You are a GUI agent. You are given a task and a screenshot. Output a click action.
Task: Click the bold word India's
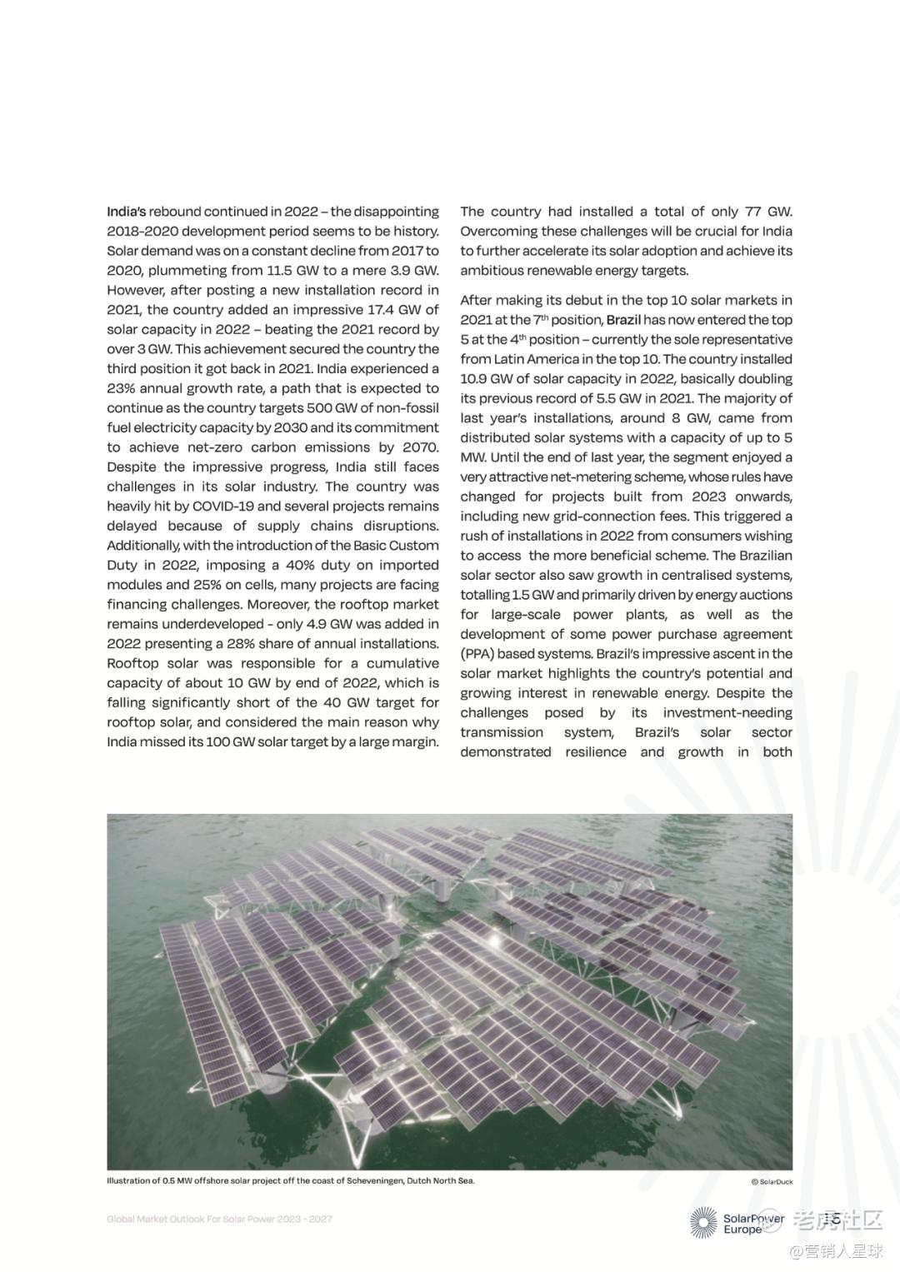pyautogui.click(x=126, y=212)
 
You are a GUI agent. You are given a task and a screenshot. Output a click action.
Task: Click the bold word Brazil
pyautogui.click(x=623, y=320)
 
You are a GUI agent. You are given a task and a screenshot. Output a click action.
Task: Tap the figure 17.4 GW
pyautogui.click(x=376, y=310)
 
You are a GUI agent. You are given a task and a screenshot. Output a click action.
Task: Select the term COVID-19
pyautogui.click(x=223, y=506)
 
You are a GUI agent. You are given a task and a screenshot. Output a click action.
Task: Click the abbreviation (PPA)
pyautogui.click(x=477, y=654)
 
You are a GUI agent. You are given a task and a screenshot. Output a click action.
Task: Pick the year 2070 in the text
pyautogui.click(x=419, y=447)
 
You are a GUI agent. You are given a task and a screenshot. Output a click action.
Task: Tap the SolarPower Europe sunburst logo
pyautogui.click(x=703, y=1222)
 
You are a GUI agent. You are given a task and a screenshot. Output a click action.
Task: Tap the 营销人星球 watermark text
pyautogui.click(x=843, y=1250)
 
